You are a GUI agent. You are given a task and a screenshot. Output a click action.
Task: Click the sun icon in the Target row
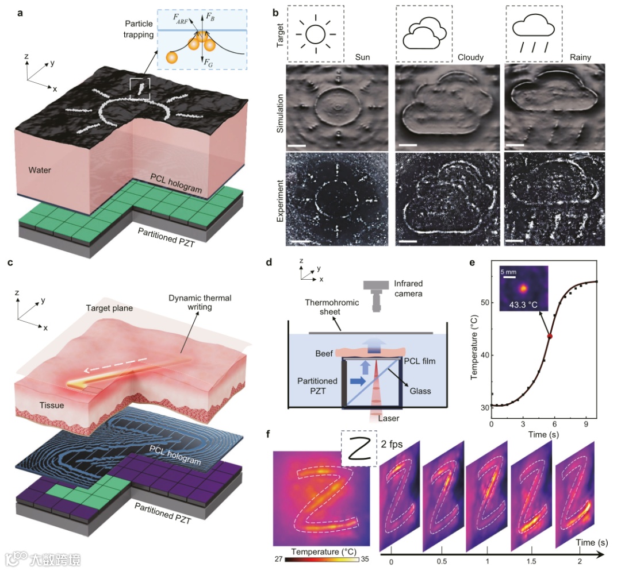pos(316,34)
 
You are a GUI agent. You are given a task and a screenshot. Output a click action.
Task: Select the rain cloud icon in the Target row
pos(533,34)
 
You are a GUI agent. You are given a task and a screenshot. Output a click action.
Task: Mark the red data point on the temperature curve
pos(550,336)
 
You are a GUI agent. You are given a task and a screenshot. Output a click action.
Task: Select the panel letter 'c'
pos(10,264)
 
